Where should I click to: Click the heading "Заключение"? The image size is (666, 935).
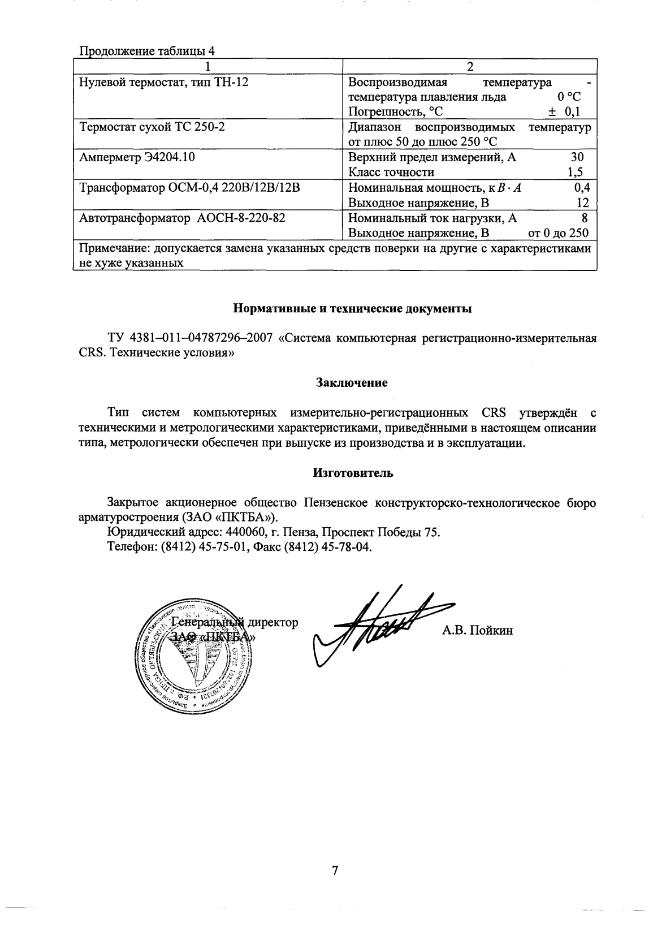pos(351,383)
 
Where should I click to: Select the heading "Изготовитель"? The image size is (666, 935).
pos(353,473)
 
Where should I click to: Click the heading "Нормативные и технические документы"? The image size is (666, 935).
pos(352,309)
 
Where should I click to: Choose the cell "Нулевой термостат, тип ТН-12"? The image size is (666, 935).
pos(163,82)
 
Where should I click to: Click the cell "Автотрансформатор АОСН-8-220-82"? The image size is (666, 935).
pos(181,218)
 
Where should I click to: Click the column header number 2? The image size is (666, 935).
pos(470,66)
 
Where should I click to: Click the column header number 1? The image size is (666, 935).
pos(208,66)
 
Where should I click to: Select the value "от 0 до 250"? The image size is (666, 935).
pos(557,233)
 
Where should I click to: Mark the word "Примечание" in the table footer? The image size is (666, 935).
pos(107,249)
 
